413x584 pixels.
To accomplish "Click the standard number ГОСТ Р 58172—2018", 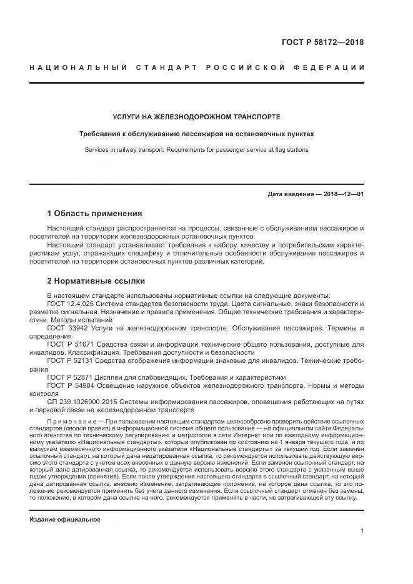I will pyautogui.click(x=327, y=42).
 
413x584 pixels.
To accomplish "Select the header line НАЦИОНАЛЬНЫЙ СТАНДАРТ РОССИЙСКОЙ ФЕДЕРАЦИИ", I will pyautogui.click(x=197, y=67).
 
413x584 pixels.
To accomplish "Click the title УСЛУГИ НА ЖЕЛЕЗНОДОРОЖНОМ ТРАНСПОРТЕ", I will pyautogui.click(x=196, y=117).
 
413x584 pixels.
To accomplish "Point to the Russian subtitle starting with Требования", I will pyautogui.click(x=196, y=134).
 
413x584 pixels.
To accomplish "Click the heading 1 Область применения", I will pyautogui.click(x=94, y=214).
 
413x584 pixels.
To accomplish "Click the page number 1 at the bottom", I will pyautogui.click(x=362, y=531).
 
